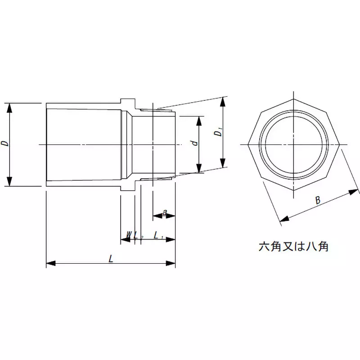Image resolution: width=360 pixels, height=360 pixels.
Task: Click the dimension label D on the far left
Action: [5, 144]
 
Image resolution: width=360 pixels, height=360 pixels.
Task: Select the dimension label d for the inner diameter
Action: [194, 143]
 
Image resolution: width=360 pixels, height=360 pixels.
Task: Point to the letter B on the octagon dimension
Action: [318, 201]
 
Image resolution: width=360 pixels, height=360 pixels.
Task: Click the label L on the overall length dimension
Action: [111, 258]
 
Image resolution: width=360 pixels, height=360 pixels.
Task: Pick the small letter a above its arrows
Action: [165, 211]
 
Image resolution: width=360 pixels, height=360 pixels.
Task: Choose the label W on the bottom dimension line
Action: [129, 235]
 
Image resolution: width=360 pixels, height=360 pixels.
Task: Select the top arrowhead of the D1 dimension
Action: [223, 101]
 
